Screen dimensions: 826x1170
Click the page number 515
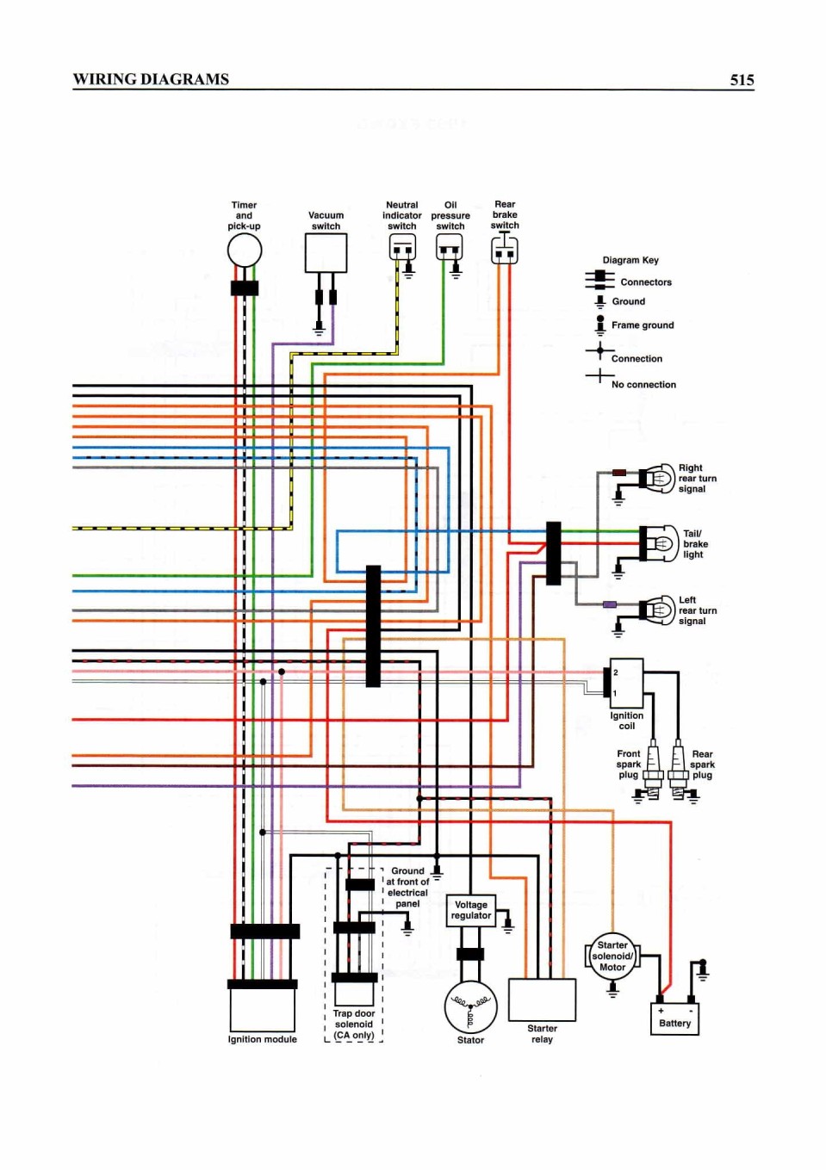click(x=742, y=80)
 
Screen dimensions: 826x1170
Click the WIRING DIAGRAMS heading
click(x=151, y=79)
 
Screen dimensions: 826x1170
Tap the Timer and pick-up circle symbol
click(x=244, y=251)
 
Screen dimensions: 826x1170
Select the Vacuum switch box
click(x=326, y=253)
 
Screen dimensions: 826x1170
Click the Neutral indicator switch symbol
click(x=402, y=246)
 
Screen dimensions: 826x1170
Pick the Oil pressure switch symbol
click(x=450, y=246)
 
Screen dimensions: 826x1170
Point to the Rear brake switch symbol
click(x=505, y=250)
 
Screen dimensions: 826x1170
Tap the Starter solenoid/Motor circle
click(x=612, y=956)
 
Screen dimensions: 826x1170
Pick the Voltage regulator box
click(x=471, y=910)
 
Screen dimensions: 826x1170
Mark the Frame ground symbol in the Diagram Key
click(x=600, y=325)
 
